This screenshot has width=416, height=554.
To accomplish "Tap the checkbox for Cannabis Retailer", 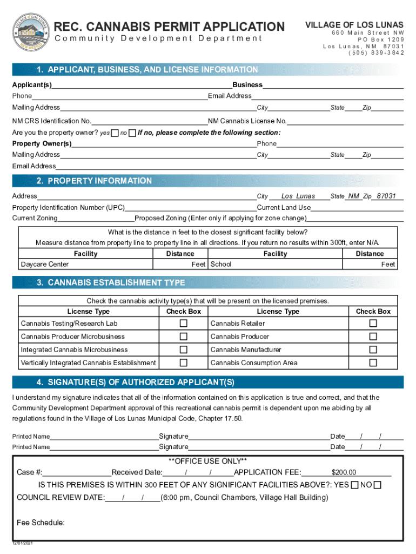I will [x=373, y=324].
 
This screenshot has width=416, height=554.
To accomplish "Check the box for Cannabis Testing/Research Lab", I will [x=184, y=324].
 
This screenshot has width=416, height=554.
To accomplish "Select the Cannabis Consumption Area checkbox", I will [x=373, y=362].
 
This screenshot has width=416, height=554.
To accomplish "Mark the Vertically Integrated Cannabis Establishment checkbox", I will [x=184, y=362].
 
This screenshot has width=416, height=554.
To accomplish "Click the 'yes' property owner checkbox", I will [x=115, y=133].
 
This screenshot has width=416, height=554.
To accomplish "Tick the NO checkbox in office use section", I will [x=377, y=485].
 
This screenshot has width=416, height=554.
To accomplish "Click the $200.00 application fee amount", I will [x=344, y=472].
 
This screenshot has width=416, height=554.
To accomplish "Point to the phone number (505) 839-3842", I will [x=376, y=53].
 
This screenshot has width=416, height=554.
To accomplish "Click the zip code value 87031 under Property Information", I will [x=386, y=196].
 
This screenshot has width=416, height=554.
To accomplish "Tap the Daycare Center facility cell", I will [x=45, y=265].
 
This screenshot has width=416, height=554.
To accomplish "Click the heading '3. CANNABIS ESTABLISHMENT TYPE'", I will [x=111, y=283].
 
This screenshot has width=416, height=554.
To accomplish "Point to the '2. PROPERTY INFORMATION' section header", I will [x=94, y=181].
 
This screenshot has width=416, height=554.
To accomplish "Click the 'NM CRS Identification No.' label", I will [x=52, y=121].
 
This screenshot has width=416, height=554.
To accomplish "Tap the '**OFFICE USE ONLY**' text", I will [x=208, y=461].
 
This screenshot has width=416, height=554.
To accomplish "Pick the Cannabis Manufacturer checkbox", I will [x=373, y=349].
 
